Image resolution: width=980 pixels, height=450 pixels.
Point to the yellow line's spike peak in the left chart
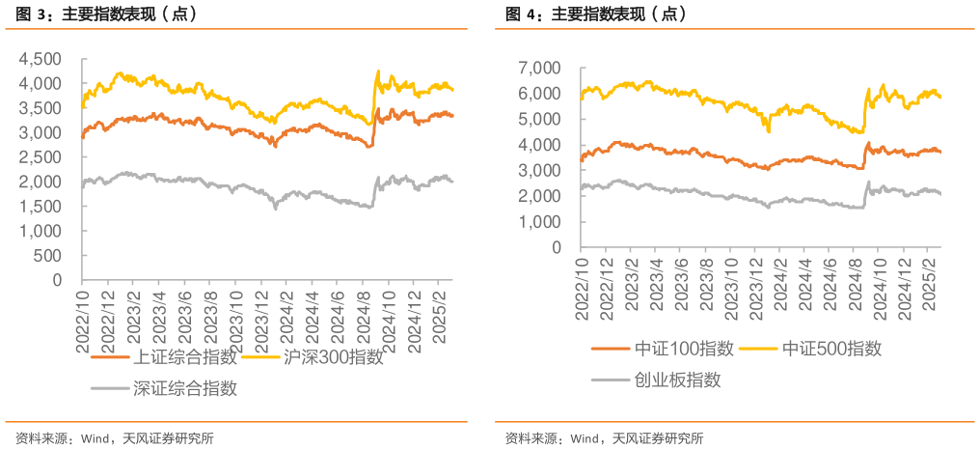(377, 71)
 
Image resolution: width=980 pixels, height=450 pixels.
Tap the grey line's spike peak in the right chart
(868, 182)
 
